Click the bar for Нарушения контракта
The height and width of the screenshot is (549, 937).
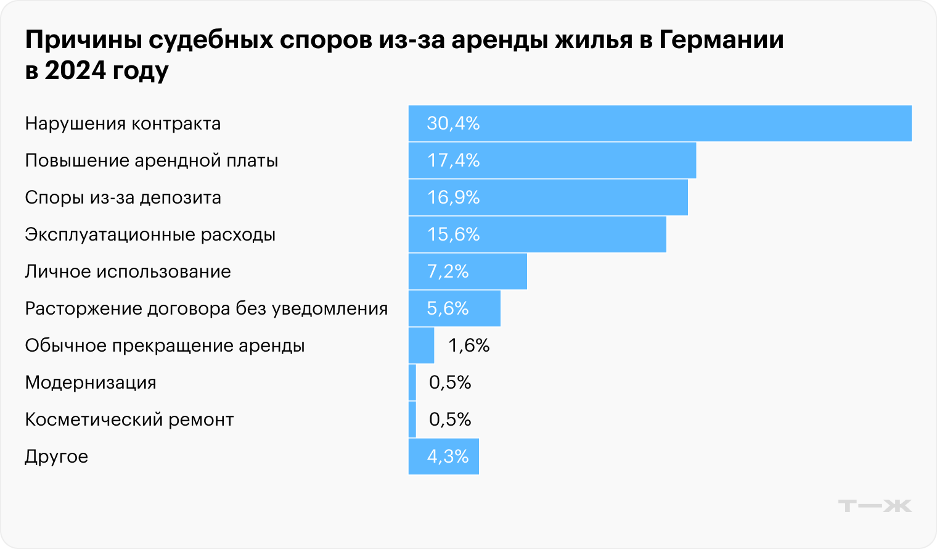660,123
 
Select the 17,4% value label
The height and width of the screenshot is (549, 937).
453,160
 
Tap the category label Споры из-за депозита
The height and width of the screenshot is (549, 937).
123,197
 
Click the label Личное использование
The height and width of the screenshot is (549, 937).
128,271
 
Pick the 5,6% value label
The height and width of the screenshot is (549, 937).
448,308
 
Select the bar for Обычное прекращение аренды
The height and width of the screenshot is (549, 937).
421,345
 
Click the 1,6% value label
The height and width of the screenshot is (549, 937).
468,345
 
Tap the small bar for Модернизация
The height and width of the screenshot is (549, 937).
412,382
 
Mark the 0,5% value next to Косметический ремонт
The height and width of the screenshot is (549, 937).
450,419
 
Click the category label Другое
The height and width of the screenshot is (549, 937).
56,457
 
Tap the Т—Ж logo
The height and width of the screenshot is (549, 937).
874,506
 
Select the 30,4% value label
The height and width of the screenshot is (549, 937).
453,123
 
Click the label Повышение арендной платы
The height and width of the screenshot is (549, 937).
151,160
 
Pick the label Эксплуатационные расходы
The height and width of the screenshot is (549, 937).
150,234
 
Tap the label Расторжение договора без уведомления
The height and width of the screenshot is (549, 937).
206,308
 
